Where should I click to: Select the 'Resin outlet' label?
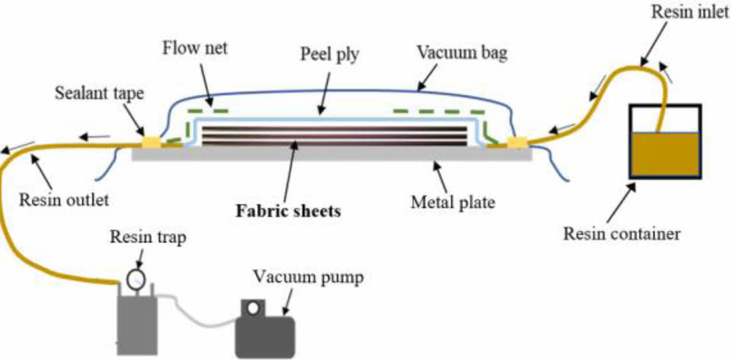pos(64,198)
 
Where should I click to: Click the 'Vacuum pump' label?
pos(308,277)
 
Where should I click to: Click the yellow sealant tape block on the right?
pos(517,141)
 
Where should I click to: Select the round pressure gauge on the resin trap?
pos(136,276)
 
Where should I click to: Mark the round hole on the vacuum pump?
pos(252,308)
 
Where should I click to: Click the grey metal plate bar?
pos(332,155)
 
